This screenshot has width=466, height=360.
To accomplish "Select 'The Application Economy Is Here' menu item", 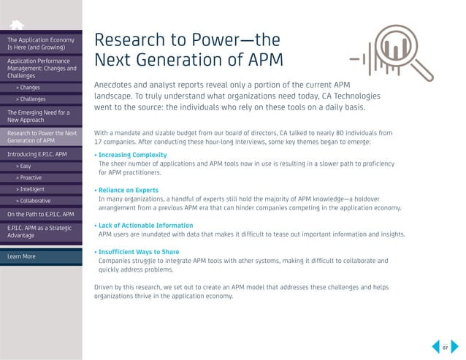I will pos(41,42).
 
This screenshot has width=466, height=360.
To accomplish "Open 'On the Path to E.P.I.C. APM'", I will pos(41,215).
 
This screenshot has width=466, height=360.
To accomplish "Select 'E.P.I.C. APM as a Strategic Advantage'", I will pos(41,234).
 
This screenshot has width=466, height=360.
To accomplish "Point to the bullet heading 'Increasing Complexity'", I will pos(132,155).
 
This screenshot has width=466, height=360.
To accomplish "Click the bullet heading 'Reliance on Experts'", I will pos(130,190).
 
